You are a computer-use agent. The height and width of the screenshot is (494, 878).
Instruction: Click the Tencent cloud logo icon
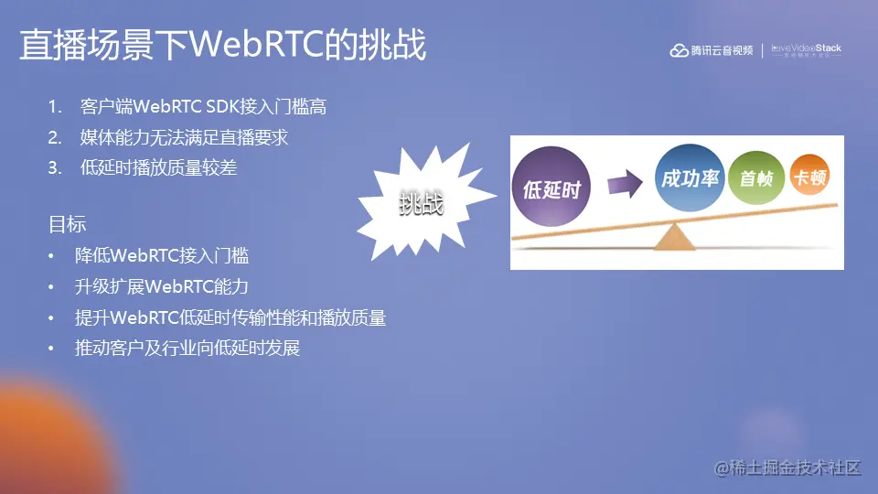point(679,50)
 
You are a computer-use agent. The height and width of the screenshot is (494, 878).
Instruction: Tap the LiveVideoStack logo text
point(807,49)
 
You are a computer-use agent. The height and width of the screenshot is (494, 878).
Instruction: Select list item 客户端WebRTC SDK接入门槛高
point(203,107)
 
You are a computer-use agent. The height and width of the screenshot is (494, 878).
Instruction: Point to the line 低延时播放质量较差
point(158,167)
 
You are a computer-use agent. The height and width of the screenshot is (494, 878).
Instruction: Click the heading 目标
point(67,224)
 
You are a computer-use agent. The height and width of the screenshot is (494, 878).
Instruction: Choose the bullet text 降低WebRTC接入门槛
point(162,255)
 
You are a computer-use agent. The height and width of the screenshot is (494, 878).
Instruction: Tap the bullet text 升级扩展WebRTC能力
point(162,286)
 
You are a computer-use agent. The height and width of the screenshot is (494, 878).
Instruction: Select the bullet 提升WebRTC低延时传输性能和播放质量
point(230,317)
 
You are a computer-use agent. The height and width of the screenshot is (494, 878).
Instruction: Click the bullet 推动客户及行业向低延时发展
point(187,349)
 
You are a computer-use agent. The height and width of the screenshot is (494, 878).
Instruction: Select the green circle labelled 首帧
point(756,178)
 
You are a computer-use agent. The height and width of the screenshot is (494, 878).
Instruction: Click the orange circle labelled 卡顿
point(809,177)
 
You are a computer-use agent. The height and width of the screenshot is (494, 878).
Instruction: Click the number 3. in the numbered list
point(56,167)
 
